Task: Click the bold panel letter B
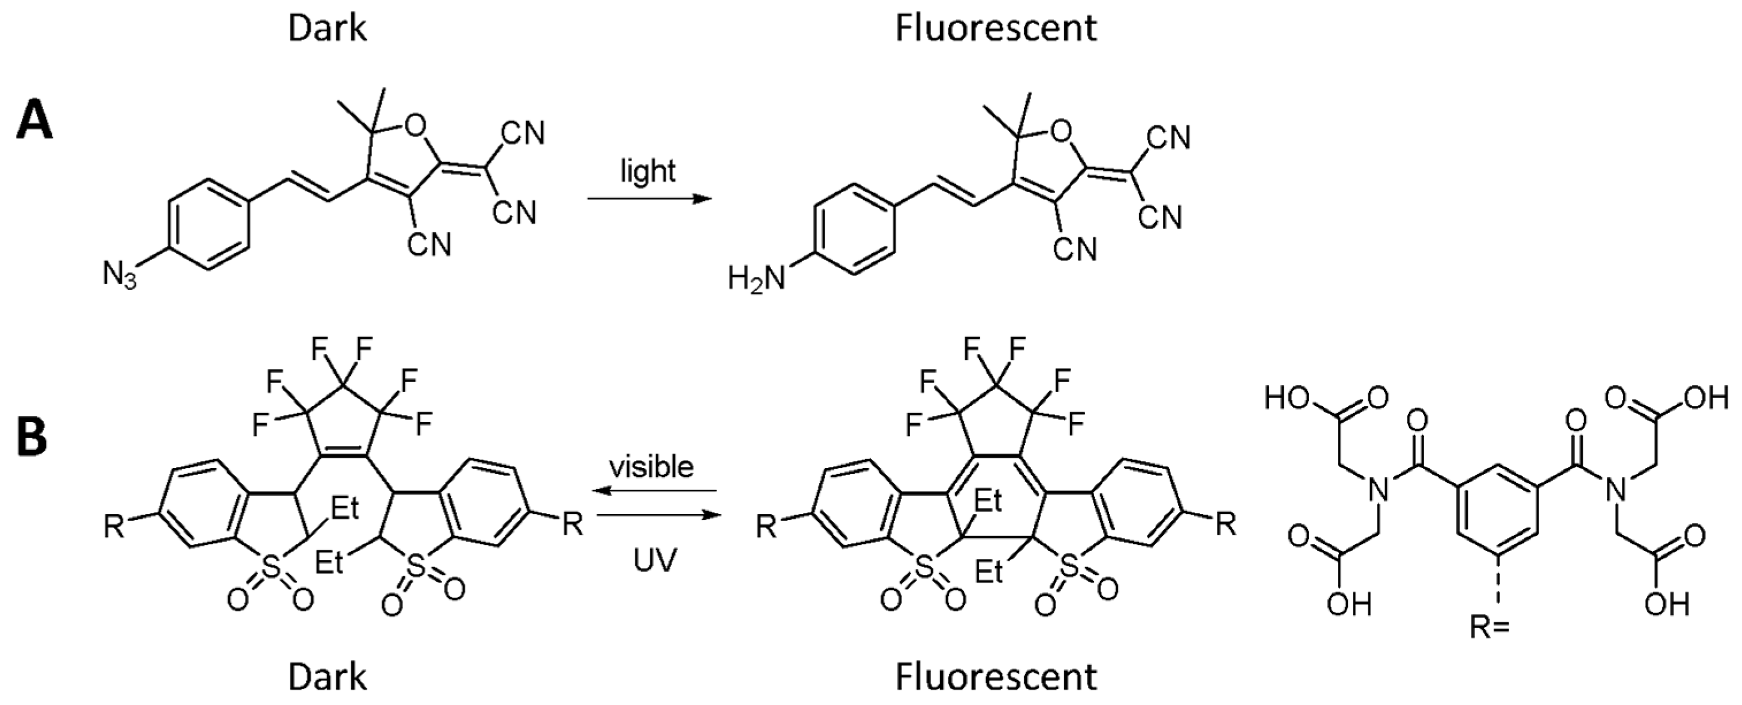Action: click(32, 437)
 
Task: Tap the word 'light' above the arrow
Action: click(648, 170)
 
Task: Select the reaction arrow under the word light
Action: click(649, 199)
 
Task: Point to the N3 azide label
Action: click(119, 276)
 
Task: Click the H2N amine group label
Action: click(756, 278)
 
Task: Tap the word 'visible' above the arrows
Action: click(651, 467)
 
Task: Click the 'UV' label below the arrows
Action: click(655, 560)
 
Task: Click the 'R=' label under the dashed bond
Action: click(1490, 628)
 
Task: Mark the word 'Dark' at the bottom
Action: click(327, 677)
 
